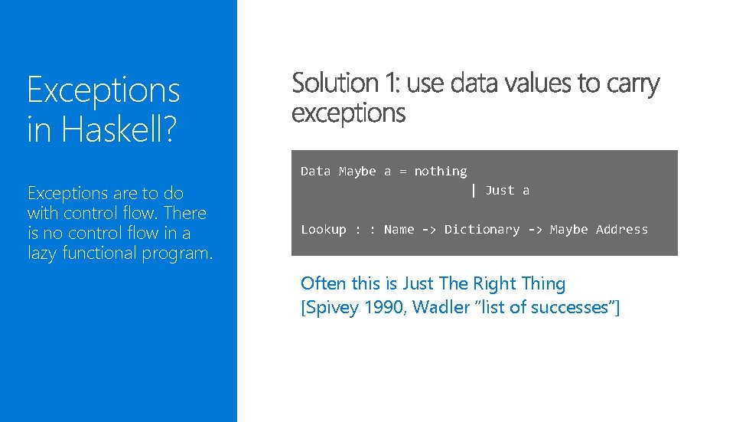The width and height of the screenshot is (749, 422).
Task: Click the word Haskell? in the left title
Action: (119, 129)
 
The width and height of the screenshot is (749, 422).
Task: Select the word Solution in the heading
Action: (335, 83)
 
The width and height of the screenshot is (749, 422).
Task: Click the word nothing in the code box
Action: (441, 172)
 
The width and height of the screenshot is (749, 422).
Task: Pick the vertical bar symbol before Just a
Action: (474, 190)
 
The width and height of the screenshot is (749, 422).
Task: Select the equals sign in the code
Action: (403, 172)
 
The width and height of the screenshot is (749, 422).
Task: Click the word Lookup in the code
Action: (324, 230)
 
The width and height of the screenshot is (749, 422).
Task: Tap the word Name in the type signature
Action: (399, 230)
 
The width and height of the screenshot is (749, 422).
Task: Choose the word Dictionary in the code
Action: (482, 230)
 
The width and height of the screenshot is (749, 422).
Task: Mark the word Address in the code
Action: (622, 230)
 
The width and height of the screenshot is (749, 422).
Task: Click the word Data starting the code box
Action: (316, 172)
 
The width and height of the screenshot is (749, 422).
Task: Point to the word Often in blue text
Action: (324, 283)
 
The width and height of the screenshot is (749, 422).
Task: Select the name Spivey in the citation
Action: (331, 308)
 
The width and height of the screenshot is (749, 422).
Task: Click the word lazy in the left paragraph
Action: (42, 254)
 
